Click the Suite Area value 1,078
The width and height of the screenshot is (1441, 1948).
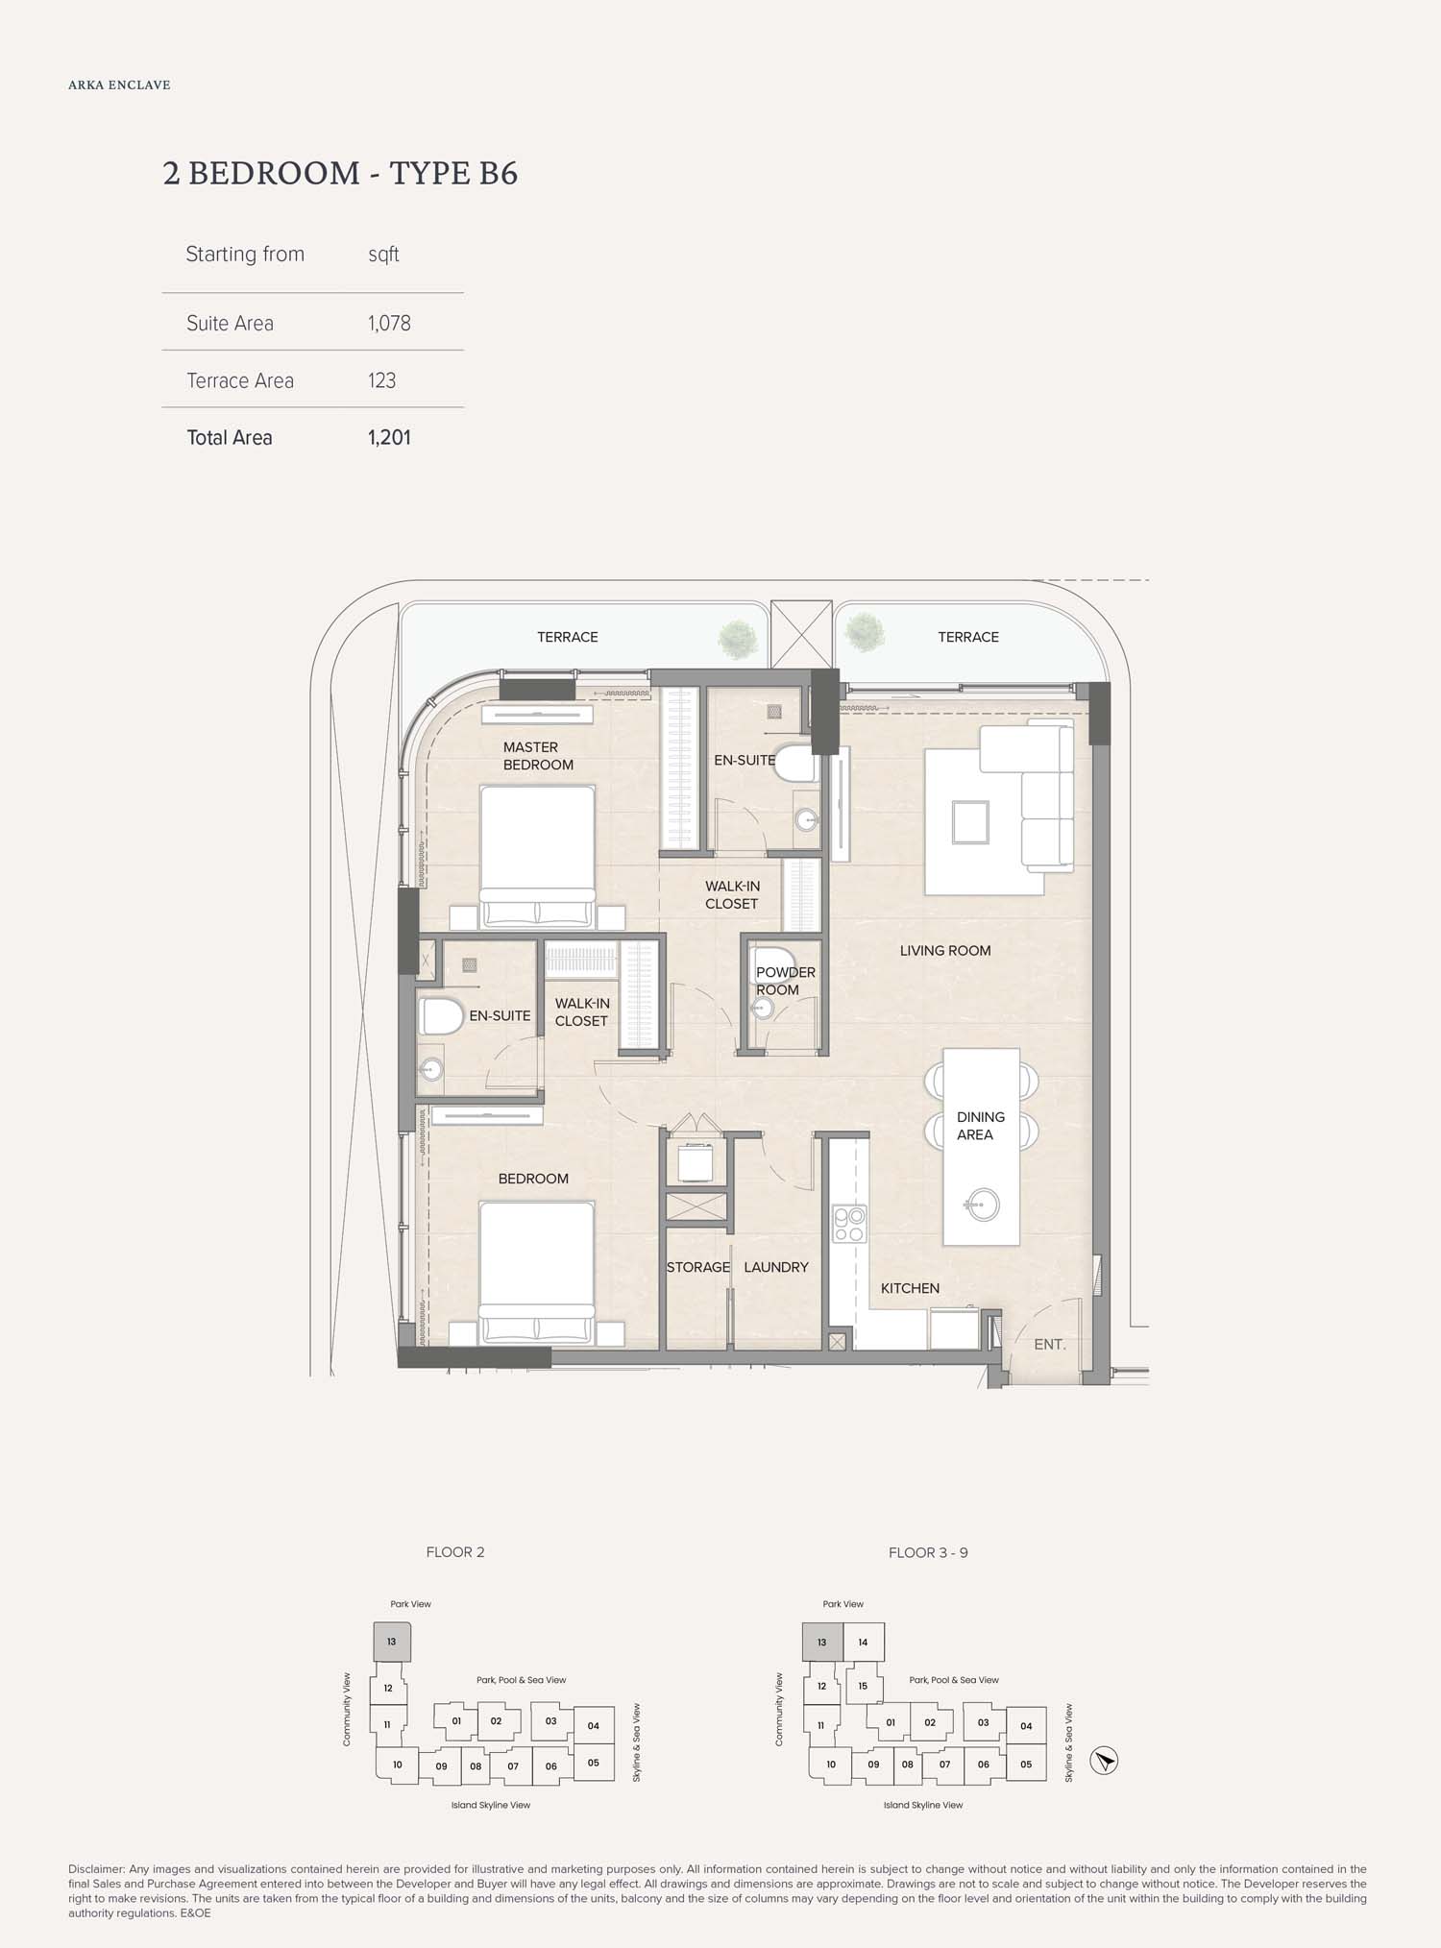(389, 324)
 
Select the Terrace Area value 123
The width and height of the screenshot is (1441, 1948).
(381, 380)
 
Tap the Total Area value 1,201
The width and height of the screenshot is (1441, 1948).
(389, 438)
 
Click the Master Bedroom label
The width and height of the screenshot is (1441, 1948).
(538, 756)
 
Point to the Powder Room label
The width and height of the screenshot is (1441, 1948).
(786, 981)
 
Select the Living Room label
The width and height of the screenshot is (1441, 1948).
(945, 951)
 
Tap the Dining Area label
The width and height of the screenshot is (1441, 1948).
(981, 1126)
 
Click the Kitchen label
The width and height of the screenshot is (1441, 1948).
(910, 1288)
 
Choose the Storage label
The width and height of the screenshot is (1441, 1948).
(698, 1267)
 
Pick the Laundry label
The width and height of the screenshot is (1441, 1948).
(776, 1267)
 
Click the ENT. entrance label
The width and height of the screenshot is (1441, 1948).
(1050, 1345)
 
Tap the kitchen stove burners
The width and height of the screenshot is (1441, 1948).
(849, 1224)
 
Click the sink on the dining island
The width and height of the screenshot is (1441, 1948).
(982, 1205)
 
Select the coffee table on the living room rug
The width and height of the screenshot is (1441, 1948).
(970, 822)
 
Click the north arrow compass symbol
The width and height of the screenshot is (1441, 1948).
(1105, 1761)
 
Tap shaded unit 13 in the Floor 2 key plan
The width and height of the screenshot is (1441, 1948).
(392, 1642)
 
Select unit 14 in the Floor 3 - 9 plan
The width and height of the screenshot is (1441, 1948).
(863, 1642)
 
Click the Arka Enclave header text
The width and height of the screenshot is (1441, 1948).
(119, 85)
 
